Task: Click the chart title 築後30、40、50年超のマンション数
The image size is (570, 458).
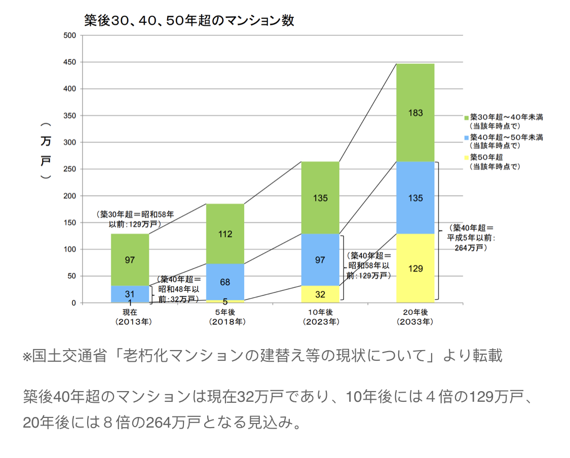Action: coord(189,21)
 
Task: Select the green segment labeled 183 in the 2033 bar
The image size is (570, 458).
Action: coord(415,112)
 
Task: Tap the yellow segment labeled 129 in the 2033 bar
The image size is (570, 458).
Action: coord(415,269)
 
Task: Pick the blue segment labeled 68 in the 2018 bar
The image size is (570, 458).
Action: coord(225,282)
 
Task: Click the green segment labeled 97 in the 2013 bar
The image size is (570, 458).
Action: coord(130,260)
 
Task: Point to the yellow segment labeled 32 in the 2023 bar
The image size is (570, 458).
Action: coord(320,294)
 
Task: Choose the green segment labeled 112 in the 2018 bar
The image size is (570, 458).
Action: coord(225,234)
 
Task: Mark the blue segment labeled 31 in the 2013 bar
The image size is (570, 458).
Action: coord(130,293)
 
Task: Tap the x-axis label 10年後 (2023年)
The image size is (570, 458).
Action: coord(321,317)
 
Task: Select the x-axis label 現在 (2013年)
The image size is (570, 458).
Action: coord(130,317)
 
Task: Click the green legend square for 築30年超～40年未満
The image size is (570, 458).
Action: coord(466,117)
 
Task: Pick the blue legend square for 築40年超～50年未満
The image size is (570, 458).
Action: coord(466,137)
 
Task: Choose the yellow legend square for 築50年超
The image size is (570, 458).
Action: coord(466,157)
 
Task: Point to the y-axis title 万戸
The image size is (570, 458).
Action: coord(46,150)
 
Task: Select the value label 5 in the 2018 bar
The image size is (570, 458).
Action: coord(225,301)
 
